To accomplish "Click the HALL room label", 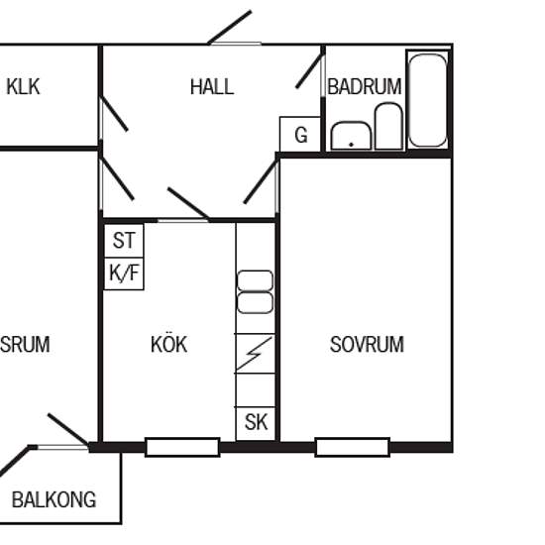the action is point(212,87).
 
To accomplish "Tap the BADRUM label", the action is point(365,87).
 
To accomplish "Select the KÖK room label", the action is point(168,344).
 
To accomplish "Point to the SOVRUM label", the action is point(367,345).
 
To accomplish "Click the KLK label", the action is point(23,86).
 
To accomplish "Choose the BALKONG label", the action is point(54,499).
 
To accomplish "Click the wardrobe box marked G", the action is point(300,134).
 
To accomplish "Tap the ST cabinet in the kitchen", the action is point(124,241).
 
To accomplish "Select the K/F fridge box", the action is point(124,273).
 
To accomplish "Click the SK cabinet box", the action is point(256,423).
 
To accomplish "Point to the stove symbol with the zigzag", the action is point(256,354).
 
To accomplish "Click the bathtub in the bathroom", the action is point(427,100).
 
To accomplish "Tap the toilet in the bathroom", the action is point(388,127).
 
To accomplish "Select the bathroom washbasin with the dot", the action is point(351,136).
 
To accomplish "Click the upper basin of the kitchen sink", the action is point(255,280).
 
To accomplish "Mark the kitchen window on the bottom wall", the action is point(182,447).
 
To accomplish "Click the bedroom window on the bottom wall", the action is point(353,447).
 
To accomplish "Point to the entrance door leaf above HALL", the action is point(230,28).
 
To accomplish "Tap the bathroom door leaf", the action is point(309,71).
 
